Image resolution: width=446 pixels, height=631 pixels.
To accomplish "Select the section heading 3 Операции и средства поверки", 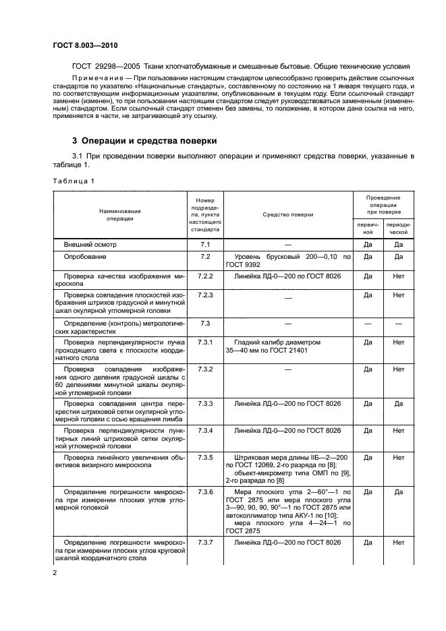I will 144,141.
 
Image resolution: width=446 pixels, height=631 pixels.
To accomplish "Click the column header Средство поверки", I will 288,214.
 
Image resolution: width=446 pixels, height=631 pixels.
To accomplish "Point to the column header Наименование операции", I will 120,214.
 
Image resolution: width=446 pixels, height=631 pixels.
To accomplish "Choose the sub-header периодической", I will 398,227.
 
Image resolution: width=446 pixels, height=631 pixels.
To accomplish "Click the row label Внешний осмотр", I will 89,244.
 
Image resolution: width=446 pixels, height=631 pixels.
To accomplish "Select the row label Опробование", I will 85,257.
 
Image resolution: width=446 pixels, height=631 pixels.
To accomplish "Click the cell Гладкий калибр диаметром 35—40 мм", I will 277,347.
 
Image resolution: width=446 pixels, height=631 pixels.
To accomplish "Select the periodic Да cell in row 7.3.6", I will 398,492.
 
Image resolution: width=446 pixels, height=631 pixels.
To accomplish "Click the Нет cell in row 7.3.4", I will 398,430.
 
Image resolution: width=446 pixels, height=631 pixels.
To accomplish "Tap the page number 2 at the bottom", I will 55,572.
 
